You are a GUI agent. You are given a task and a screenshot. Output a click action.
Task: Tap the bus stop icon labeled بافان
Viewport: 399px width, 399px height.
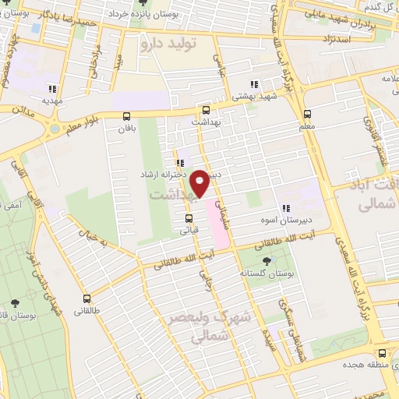[126, 116]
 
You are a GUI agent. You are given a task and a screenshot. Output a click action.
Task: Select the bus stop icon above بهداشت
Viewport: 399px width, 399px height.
[206, 110]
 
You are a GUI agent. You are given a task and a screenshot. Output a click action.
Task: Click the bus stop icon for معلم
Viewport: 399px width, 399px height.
[307, 113]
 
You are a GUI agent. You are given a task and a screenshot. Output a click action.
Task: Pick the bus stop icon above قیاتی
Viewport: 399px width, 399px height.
[188, 218]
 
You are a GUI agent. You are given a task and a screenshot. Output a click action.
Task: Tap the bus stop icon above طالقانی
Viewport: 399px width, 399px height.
[87, 298]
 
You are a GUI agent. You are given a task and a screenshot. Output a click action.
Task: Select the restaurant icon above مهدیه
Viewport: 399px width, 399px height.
[53, 88]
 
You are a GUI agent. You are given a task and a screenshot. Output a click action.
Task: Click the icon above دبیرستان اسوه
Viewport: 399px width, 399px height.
[286, 208]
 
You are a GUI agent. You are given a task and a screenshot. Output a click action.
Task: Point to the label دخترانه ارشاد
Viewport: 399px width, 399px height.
[162, 175]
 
